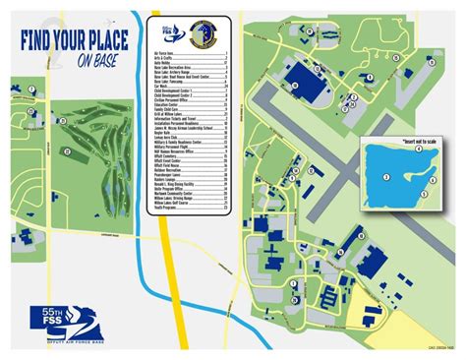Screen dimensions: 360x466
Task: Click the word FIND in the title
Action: pyautogui.click(x=38, y=43)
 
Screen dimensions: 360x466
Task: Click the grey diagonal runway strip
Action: pyautogui.click(x=324, y=148)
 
